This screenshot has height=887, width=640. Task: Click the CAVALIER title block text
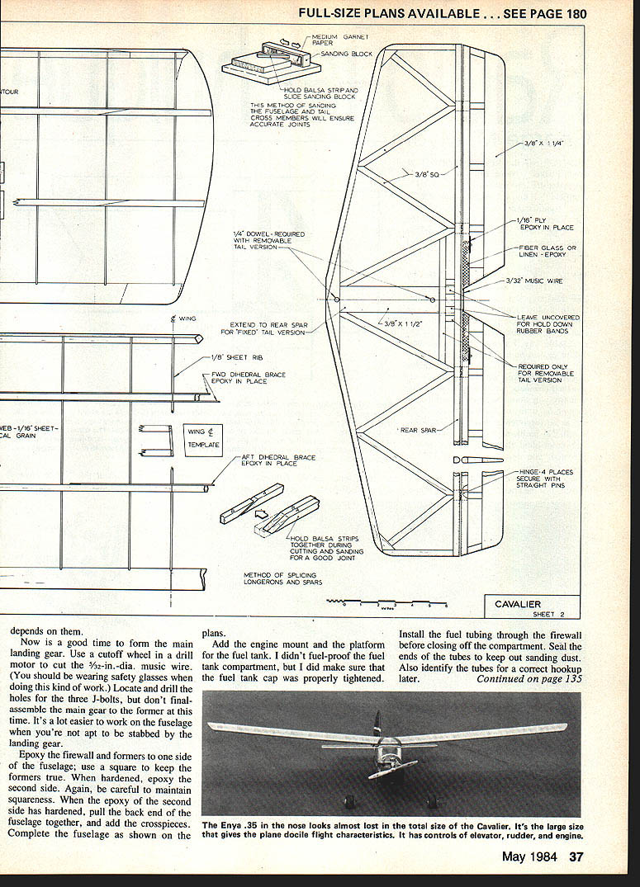coord(518,604)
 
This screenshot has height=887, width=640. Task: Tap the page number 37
coord(576,856)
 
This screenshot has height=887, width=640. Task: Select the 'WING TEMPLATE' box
coord(203,438)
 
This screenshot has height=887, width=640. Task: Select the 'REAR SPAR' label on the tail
coord(420,430)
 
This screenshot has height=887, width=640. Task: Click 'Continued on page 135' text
coord(529,679)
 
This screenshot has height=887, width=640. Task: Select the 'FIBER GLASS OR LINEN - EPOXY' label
coord(547,252)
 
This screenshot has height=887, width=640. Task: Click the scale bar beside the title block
coord(388,605)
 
